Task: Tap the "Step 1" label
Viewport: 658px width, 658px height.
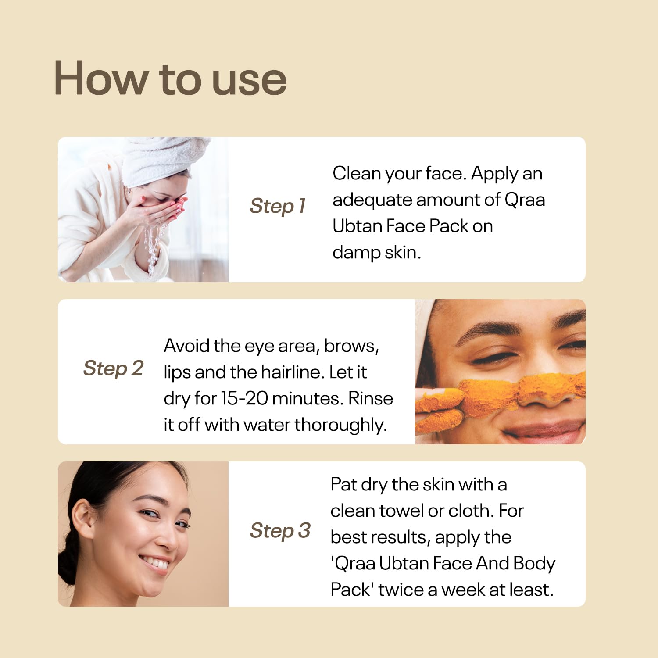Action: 278,206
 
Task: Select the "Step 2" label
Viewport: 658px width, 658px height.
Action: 113,368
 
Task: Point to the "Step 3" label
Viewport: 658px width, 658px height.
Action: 280,531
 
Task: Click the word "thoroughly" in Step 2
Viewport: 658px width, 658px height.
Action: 341,426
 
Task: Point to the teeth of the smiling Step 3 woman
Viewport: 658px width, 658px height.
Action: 156,562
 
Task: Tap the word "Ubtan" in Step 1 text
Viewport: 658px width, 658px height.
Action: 357,226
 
